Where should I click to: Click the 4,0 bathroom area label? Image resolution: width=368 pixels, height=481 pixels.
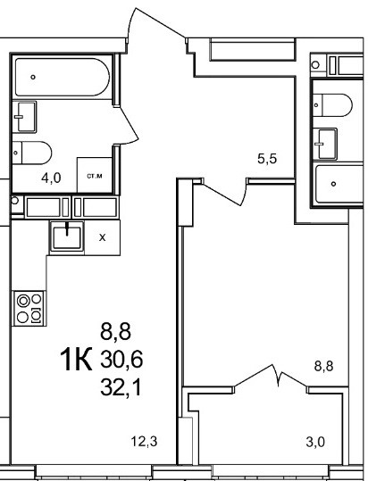coord(51,178)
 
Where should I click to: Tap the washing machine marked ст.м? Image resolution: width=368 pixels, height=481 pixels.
coord(95,175)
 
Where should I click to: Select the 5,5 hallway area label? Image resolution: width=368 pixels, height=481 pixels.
coord(267,159)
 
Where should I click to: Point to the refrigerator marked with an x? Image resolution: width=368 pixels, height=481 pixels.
coord(103,237)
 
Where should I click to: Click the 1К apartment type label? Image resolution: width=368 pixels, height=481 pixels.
coord(76,359)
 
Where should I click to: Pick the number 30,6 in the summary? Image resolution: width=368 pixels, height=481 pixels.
coord(121,360)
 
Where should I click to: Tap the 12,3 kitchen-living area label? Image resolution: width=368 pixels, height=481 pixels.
coord(144,442)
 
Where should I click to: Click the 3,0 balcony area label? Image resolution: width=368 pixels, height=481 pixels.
coord(315,442)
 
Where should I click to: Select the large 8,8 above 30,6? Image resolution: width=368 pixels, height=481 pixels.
coord(115,331)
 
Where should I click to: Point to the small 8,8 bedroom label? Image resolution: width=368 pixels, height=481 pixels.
coord(323,366)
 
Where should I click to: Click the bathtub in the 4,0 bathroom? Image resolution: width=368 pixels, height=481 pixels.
coord(63,77)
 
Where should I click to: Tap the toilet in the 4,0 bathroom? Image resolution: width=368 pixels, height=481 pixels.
coord(32,153)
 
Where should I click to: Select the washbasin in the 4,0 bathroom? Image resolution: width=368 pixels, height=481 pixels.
coord(24,117)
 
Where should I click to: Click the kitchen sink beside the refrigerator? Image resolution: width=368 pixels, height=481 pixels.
coord(67,237)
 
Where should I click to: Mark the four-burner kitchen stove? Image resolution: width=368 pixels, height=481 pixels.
coord(29,308)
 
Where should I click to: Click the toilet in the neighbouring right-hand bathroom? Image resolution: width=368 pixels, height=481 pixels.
coord(332,105)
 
